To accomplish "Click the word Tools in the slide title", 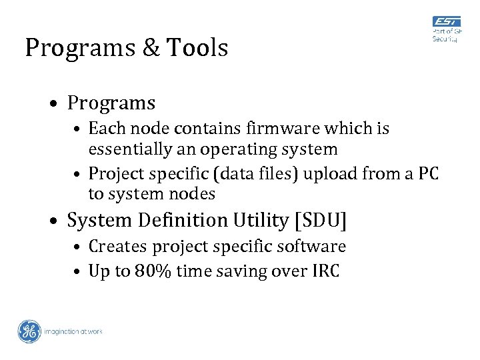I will (x=197, y=48).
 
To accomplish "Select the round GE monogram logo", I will (x=29, y=331).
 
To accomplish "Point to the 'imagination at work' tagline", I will (x=73, y=331).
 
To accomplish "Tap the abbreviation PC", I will (x=427, y=174).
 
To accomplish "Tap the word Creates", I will (x=118, y=246).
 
